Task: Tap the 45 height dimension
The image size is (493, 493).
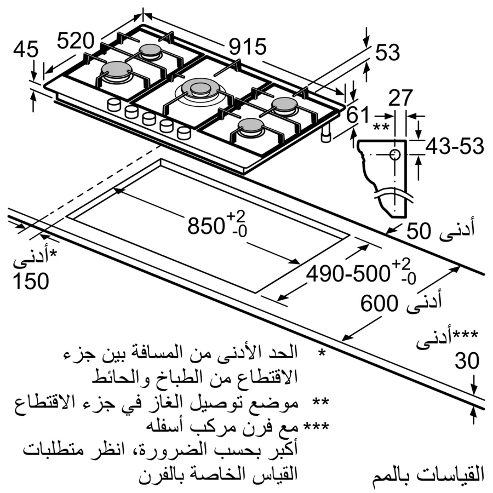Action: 26,50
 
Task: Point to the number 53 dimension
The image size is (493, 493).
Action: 388,53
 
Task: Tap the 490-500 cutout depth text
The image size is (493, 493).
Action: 347,273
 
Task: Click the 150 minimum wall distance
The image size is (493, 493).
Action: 30,280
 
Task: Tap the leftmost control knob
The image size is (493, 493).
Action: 114,105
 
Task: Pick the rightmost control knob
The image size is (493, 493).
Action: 184,132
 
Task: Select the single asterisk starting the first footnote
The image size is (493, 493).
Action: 322,352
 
